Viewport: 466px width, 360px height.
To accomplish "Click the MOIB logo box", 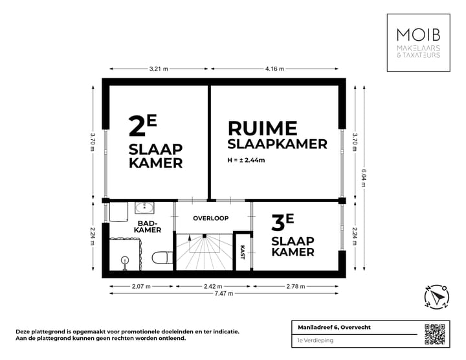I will tap(419, 41).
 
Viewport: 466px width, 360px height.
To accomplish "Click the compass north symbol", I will tap(436, 296).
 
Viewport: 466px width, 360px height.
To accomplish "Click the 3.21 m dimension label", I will tap(158, 68).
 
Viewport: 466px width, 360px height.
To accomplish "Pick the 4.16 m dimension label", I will tap(274, 68).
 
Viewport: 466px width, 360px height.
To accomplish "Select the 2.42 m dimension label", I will tap(211, 286).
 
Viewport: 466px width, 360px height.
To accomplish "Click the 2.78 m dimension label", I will tap(298, 286).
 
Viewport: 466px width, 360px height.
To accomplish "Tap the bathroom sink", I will tap(144, 208).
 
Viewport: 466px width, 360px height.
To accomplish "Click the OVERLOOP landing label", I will tap(211, 218).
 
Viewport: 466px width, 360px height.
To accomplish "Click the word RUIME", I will tap(261, 128).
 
